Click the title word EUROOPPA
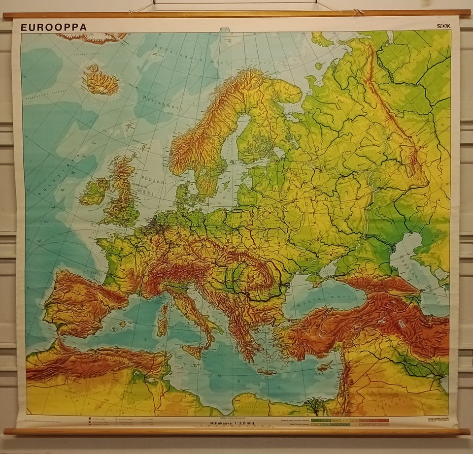point(53,28)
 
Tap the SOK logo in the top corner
point(443,26)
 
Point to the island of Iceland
point(101,81)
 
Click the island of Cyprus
point(324,366)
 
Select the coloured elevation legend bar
point(349,422)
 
